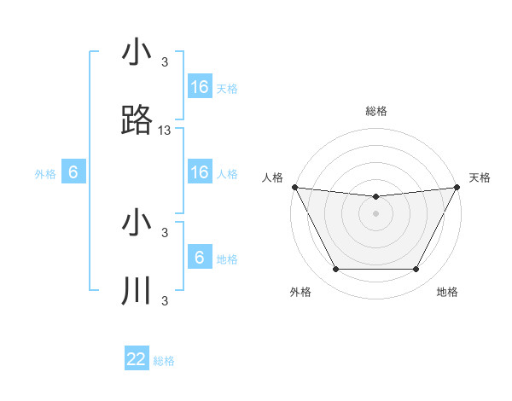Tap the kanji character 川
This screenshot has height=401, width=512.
pyautogui.click(x=137, y=291)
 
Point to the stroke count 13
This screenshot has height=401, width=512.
pyautogui.click(x=165, y=131)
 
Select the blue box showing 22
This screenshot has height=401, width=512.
pyautogui.click(x=137, y=359)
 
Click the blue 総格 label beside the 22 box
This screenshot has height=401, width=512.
pyautogui.click(x=164, y=361)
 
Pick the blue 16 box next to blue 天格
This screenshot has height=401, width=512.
pyautogui.click(x=200, y=87)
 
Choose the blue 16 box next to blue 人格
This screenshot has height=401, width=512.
pyautogui.click(x=200, y=172)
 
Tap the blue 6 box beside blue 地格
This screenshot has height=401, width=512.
pyautogui.click(x=200, y=258)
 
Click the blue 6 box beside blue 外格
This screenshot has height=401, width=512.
pyautogui.click(x=73, y=172)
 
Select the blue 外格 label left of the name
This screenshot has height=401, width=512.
pyautogui.click(x=45, y=174)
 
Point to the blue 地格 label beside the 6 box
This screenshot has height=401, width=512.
pyautogui.click(x=227, y=259)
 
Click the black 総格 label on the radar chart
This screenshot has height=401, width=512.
pyautogui.click(x=376, y=111)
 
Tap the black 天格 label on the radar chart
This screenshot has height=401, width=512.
pyautogui.click(x=480, y=177)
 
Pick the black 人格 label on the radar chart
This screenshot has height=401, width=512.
pyautogui.click(x=273, y=177)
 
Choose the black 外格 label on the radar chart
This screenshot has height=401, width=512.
pyautogui.click(x=300, y=293)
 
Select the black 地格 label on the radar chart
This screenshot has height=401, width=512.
pyautogui.click(x=447, y=293)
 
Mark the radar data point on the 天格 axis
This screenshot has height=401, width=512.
pyautogui.click(x=457, y=187)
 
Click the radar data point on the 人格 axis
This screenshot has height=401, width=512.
pyautogui.click(x=294, y=187)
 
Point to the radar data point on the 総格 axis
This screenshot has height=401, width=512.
pyautogui.click(x=376, y=197)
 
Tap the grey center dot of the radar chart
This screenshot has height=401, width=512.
pyautogui.click(x=376, y=213)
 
